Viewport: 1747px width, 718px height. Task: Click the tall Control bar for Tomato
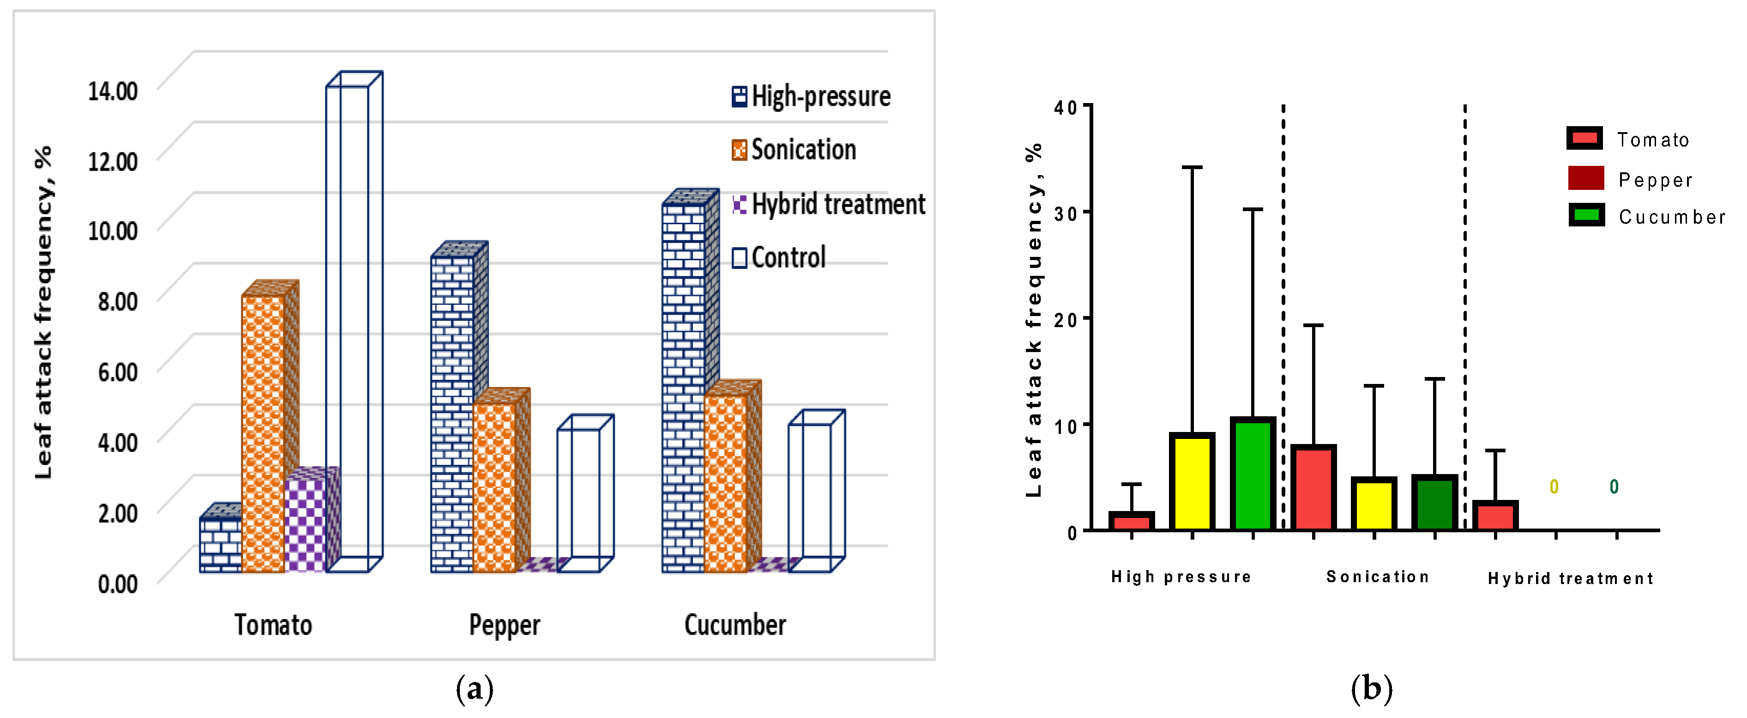coord(347,326)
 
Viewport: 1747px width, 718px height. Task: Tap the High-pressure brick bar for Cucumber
coord(684,387)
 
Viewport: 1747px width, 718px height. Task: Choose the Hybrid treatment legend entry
coord(829,204)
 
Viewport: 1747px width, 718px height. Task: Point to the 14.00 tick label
coord(113,91)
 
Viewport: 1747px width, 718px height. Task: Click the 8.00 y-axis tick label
coord(117,301)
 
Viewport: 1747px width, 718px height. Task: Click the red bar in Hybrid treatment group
coord(1495,516)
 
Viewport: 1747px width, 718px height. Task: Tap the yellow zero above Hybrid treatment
coord(1554,487)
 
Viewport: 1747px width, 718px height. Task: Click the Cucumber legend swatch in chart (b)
coord(1586,215)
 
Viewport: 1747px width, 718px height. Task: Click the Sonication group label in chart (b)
coord(1377,577)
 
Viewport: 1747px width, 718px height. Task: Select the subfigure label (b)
coord(1371,689)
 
